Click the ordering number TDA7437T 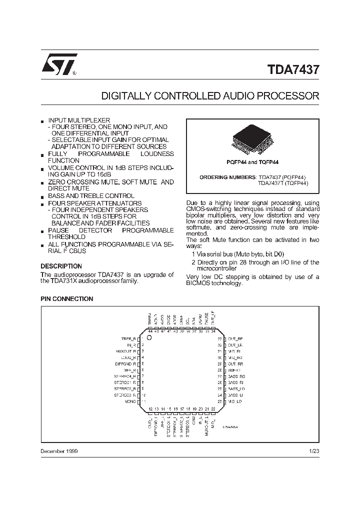point(269,183)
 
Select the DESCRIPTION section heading point(61,266)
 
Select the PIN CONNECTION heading point(66,299)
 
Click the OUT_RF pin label point(235,338)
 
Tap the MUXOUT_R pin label point(126,351)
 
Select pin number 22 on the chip point(213,409)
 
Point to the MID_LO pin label point(235,401)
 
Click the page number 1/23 point(313,451)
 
